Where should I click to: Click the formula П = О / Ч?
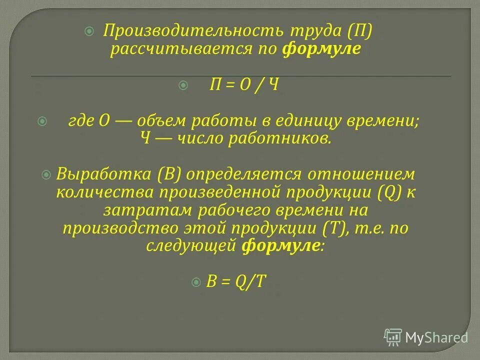pos(243,85)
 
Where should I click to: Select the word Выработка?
pos(104,174)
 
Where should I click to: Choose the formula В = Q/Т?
pos(236,281)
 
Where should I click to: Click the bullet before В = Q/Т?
pos(196,281)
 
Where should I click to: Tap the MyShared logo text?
pos(436,337)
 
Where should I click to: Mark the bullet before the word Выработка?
pos(46,174)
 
